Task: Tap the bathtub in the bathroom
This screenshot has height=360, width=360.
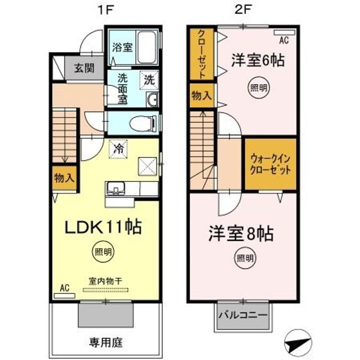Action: click(147, 48)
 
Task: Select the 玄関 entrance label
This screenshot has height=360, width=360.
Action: click(84, 68)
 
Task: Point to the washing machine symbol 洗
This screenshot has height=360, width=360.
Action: click(149, 79)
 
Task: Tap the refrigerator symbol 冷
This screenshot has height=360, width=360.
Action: click(119, 148)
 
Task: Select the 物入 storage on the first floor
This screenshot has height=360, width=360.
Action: click(64, 178)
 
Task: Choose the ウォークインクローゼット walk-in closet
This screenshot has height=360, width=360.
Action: click(270, 163)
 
